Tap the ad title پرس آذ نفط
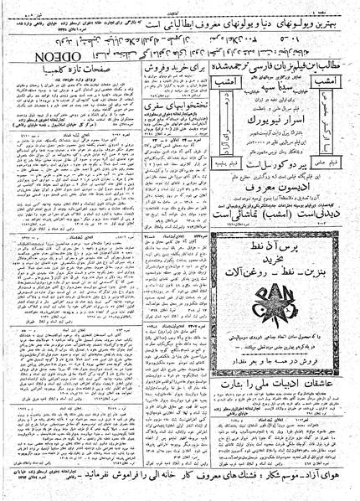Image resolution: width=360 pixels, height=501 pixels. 284,243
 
